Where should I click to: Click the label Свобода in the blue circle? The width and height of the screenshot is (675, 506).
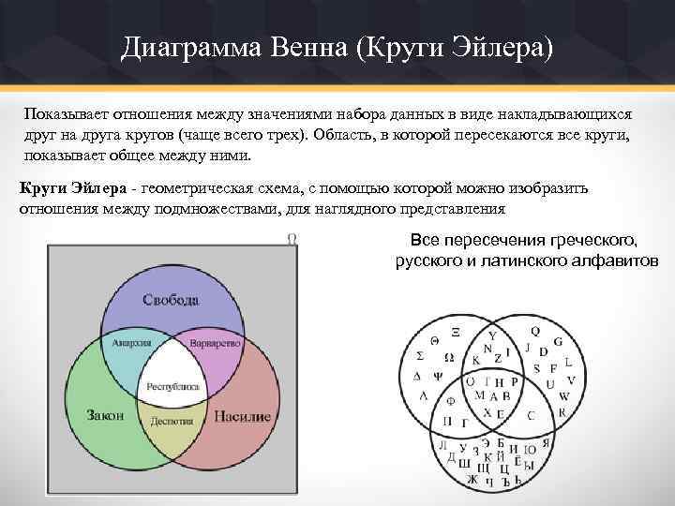point(171,300)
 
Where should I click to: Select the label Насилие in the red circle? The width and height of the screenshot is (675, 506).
point(242,415)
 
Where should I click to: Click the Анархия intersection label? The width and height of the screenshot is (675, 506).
point(131,343)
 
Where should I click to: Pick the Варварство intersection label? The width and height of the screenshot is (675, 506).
point(212,344)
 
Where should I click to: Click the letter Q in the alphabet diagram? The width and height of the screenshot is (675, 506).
point(535,331)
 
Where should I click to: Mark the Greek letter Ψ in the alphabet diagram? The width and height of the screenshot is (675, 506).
point(437,373)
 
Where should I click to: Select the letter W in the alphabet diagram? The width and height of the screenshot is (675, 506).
point(563,396)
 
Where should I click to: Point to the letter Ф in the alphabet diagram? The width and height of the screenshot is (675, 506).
point(451,400)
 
